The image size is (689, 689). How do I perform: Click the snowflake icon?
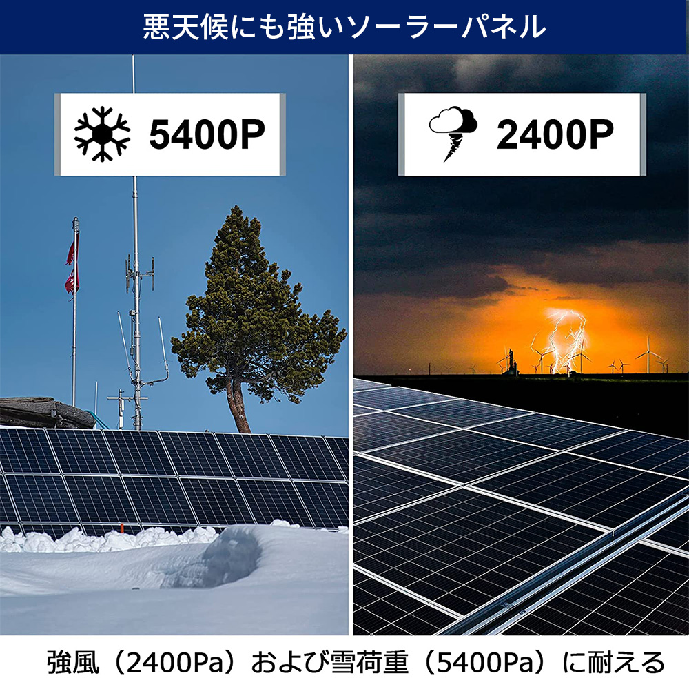click(x=103, y=134)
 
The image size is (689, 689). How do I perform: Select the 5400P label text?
click(x=207, y=135)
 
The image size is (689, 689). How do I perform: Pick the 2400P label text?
click(x=555, y=135)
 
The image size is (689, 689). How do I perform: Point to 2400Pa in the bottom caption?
click(x=169, y=663)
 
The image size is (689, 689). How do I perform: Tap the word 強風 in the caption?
click(x=69, y=663)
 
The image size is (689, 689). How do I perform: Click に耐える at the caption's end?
click(x=613, y=663)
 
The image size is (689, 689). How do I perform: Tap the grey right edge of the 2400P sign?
click(x=643, y=134)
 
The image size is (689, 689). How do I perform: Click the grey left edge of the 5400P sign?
click(x=58, y=134)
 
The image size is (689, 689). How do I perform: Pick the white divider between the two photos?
click(x=351, y=344)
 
